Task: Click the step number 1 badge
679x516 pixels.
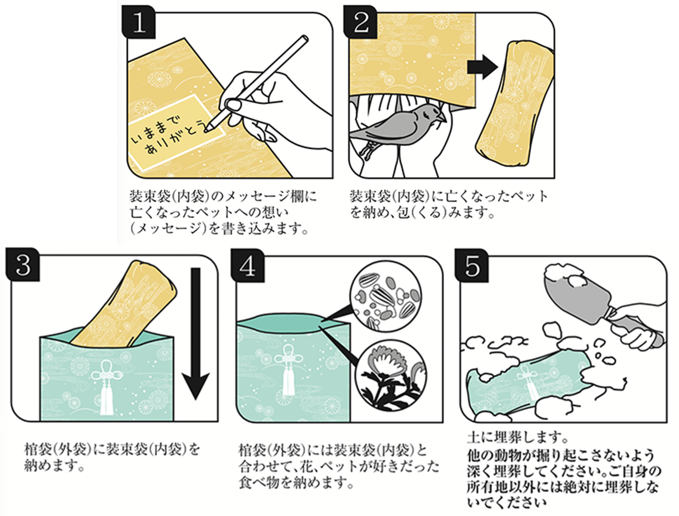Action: [x=139, y=23]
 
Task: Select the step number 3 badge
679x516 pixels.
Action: [x=23, y=265]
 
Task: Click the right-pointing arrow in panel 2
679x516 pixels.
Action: [x=482, y=66]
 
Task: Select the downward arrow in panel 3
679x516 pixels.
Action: [x=196, y=335]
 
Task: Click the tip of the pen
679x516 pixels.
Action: [x=208, y=129]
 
